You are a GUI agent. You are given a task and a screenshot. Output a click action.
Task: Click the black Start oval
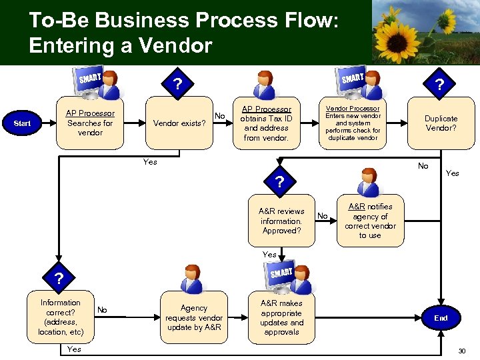22,123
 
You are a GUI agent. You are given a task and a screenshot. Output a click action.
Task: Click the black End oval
441,318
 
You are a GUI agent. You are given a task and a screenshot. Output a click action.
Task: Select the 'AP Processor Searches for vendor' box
90,123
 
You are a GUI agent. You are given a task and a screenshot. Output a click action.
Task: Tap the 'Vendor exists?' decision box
179,123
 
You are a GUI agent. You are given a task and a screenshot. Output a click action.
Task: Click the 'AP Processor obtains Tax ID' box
266,123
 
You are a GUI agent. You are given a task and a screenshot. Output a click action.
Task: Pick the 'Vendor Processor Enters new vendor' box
353,123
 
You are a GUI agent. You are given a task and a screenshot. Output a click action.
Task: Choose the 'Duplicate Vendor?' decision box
441,123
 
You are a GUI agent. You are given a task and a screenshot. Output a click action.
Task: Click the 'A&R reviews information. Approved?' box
281,221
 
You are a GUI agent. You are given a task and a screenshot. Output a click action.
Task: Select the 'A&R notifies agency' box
370,221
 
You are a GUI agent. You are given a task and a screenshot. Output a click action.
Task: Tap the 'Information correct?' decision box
61,317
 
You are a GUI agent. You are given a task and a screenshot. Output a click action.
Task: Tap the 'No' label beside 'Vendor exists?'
219,116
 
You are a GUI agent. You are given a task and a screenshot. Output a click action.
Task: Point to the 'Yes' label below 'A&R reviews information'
269,255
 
